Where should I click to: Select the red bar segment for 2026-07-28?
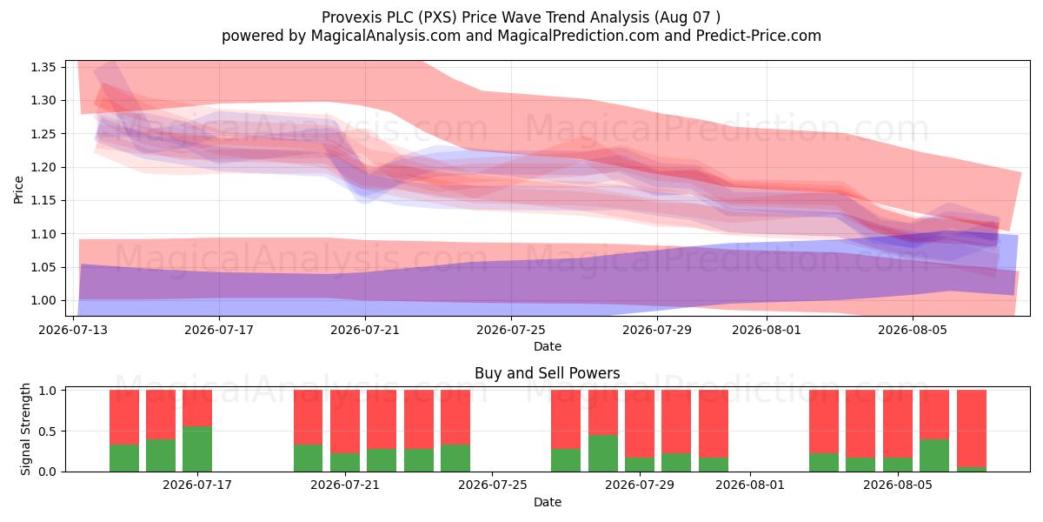pyautogui.click(x=603, y=412)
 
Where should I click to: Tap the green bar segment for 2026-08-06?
pyautogui.click(x=934, y=455)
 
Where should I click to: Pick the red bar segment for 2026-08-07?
pyautogui.click(x=972, y=429)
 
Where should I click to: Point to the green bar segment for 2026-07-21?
pyautogui.click(x=345, y=462)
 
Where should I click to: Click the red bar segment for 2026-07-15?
pyautogui.click(x=161, y=415)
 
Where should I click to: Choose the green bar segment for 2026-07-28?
pyautogui.click(x=603, y=453)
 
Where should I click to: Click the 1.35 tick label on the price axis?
pyautogui.click(x=43, y=67)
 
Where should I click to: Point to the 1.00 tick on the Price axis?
pyautogui.click(x=43, y=301)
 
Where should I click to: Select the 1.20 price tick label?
pyautogui.click(x=43, y=167)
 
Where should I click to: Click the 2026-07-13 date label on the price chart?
pyautogui.click(x=73, y=330)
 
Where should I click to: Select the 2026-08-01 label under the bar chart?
pyautogui.click(x=750, y=485)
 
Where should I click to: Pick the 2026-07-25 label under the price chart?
pyautogui.click(x=511, y=330)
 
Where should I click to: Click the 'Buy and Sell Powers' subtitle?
pyautogui.click(x=547, y=373)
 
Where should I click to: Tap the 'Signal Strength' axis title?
pyautogui.click(x=25, y=429)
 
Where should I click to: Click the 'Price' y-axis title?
pyautogui.click(x=18, y=190)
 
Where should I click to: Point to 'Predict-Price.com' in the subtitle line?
pyautogui.click(x=759, y=36)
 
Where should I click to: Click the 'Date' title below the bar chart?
pyautogui.click(x=547, y=502)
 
